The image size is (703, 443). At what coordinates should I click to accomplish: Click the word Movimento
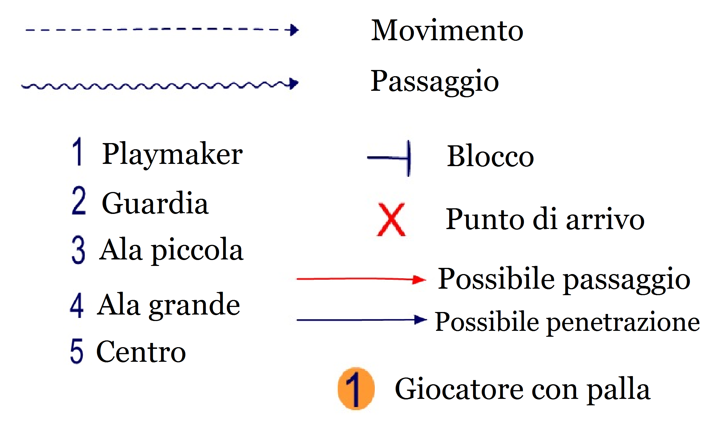point(447,30)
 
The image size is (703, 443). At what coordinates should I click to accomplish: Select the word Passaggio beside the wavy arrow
point(435,82)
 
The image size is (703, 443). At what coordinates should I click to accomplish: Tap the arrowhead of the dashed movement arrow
point(293,30)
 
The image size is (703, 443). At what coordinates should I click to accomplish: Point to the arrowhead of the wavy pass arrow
point(293,83)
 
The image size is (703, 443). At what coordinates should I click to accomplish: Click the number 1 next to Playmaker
point(77,152)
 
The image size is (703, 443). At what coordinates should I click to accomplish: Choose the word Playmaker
point(172,155)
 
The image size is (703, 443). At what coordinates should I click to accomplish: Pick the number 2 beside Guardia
point(79,200)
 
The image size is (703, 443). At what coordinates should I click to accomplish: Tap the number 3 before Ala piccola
point(79,250)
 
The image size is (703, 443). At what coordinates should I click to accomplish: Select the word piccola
point(197,251)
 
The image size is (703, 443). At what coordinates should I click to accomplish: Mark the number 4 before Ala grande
point(77,305)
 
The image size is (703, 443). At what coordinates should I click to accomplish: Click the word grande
point(195,306)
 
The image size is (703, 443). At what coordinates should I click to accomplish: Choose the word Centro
point(141,352)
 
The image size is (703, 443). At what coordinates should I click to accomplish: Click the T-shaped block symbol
point(389,158)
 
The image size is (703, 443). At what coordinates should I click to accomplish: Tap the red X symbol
point(391,219)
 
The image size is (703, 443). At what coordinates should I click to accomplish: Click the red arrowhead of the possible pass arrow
point(419,280)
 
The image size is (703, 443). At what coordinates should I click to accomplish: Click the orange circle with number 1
point(356,389)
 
